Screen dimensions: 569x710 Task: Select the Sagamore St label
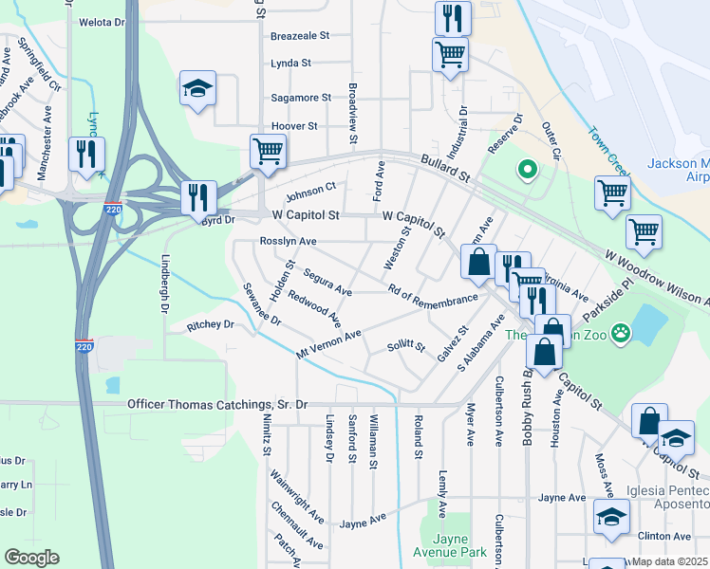[x=301, y=98]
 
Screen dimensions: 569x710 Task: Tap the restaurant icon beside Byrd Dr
[x=199, y=197]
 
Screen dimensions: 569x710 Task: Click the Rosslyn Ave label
[x=288, y=242]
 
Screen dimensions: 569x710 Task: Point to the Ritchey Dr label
[x=211, y=324]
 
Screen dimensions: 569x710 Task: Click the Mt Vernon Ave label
[x=328, y=343]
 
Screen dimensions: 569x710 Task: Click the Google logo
[x=31, y=558]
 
